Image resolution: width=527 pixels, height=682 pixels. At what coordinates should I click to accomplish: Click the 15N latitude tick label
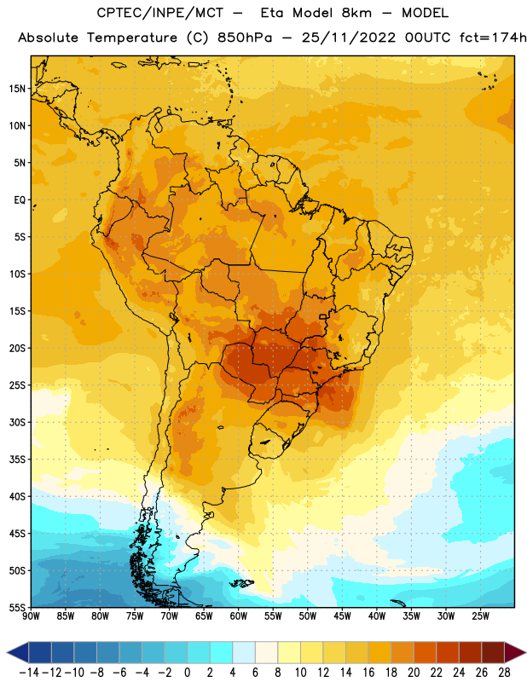(17, 89)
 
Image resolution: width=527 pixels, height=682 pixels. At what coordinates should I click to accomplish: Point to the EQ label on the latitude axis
(20, 200)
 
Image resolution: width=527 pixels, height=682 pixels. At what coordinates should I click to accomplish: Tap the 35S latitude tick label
(17, 459)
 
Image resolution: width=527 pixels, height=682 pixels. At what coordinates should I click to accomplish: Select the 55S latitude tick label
(17, 607)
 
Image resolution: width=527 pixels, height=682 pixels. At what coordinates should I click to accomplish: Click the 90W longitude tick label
(31, 616)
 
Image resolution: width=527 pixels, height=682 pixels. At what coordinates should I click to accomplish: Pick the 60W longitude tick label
(239, 616)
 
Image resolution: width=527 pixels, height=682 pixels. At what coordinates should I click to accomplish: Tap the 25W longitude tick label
(480, 616)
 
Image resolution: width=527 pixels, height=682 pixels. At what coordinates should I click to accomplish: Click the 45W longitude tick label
(342, 616)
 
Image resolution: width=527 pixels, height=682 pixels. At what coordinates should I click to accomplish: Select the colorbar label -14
(29, 673)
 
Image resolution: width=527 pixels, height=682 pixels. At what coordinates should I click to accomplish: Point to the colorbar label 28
(504, 673)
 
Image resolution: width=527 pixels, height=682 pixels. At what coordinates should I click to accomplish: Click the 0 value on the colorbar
(187, 673)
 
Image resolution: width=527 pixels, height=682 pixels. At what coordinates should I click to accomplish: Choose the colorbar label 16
(368, 673)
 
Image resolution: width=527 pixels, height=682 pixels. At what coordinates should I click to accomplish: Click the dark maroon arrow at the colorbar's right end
(513, 652)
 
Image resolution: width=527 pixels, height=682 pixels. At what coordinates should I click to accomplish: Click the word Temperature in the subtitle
(132, 38)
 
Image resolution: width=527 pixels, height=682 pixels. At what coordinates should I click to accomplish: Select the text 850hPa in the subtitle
(245, 38)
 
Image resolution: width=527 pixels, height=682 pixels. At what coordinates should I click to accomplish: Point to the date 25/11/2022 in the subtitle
(349, 38)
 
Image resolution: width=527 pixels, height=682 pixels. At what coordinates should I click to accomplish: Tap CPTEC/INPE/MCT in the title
(159, 13)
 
